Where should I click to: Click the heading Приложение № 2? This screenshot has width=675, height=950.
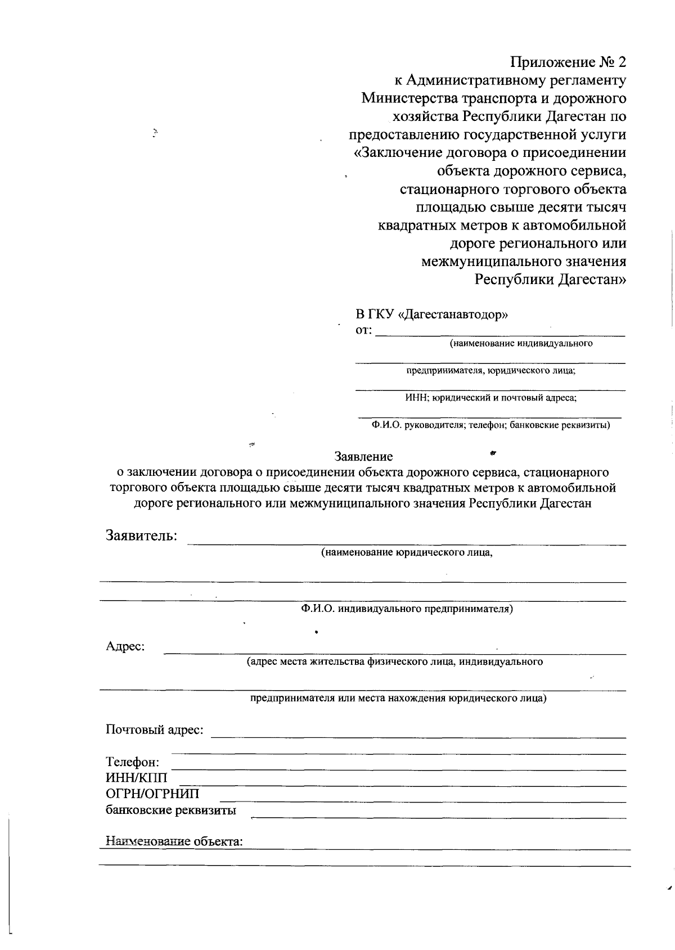point(568,62)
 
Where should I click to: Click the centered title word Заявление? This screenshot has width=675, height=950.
point(363,456)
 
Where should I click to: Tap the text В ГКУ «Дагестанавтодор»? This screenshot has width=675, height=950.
point(431,314)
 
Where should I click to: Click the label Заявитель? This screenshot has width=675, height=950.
point(142,535)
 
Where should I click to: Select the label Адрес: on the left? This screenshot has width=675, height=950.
point(125,646)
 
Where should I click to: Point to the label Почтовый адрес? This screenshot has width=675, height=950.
point(155,730)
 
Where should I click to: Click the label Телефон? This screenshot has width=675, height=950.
point(133,763)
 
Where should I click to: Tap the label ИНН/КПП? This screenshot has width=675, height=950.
point(137,778)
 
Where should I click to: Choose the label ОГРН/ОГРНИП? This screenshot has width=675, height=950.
point(152,794)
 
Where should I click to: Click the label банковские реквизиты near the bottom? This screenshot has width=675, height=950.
point(171,811)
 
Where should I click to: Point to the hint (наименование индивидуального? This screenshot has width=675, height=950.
point(520,343)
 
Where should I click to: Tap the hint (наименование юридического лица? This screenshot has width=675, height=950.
point(407,552)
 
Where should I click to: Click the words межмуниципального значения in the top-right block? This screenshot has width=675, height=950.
point(524,262)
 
